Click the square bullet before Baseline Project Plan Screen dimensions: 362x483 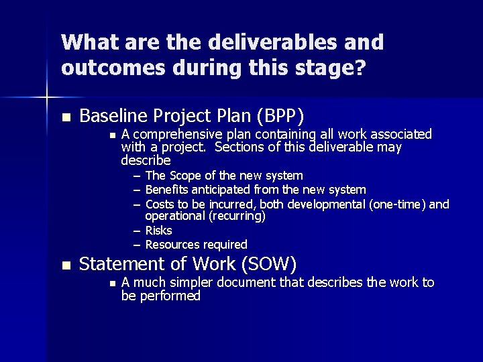coord(65,117)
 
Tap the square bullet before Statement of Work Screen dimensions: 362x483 coord(65,265)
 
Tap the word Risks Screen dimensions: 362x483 coord(159,231)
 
